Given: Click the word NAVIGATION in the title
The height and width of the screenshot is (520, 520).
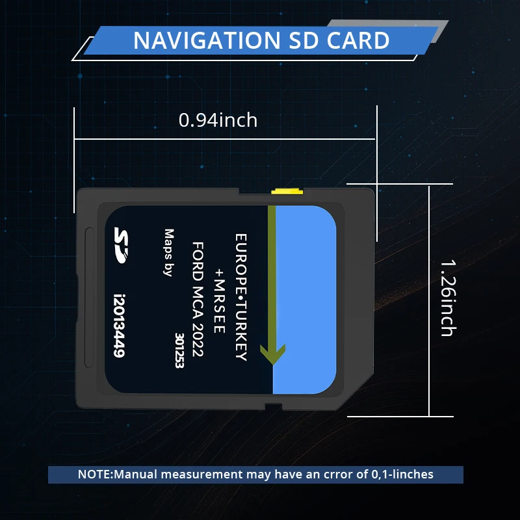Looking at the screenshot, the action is (x=200, y=40).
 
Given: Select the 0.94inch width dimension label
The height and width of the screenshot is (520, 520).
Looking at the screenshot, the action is (x=218, y=120).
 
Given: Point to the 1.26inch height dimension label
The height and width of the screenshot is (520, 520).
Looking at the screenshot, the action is (x=447, y=298).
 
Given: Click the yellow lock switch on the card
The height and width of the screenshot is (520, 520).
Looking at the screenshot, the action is (x=287, y=191).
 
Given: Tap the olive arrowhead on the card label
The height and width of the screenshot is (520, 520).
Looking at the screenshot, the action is (x=273, y=353).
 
